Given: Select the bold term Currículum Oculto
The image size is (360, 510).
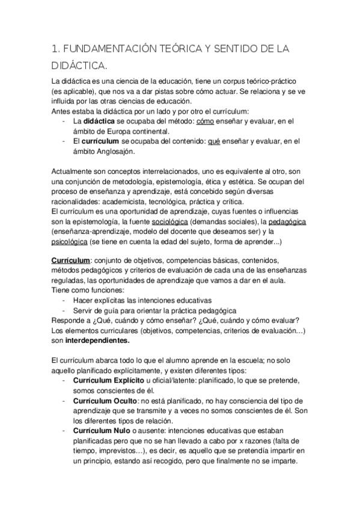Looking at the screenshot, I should tap(104, 400).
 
